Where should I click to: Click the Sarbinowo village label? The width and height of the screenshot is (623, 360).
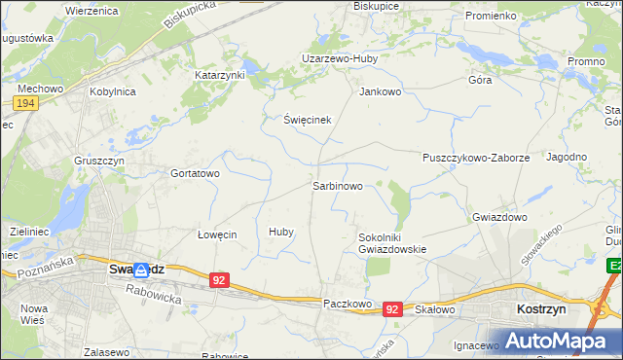pos(338,184)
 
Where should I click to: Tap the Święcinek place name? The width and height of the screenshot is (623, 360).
pos(308,120)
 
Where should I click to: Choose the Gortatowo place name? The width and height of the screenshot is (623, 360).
pos(196,173)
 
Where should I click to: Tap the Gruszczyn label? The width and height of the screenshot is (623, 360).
pos(96,160)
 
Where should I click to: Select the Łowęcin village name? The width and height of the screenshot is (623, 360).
pos(217,234)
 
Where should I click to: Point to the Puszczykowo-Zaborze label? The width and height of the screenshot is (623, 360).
pos(476,157)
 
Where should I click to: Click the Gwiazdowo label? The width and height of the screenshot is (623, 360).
pos(499,217)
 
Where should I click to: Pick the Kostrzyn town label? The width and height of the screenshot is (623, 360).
pos(535,307)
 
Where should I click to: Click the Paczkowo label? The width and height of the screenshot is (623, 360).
pos(348,305)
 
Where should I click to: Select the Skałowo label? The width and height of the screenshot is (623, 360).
pos(435,308)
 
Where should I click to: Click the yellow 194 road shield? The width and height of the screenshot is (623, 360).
pos(26,103)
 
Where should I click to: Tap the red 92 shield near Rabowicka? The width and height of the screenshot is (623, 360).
pos(220,280)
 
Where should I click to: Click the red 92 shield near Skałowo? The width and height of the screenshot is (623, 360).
pos(392,308)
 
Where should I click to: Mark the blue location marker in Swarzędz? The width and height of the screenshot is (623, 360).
pos(142,270)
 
